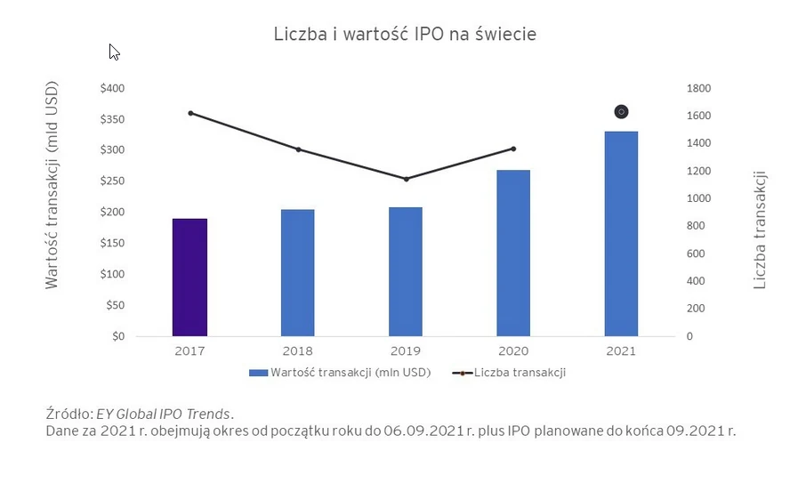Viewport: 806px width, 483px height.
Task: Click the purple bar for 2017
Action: pos(189,278)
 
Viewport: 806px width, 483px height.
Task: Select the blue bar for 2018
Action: pos(297,273)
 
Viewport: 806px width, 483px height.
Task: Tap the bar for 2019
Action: pos(405,271)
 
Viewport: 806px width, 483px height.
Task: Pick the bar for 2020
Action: pos(513,253)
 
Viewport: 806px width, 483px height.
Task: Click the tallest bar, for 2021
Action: pos(621,233)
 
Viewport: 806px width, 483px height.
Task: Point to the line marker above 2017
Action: pos(190,113)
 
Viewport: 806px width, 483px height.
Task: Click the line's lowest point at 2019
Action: pos(406,179)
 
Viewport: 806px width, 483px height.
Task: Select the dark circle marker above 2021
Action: pos(622,111)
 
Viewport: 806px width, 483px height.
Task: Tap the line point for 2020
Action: pos(513,149)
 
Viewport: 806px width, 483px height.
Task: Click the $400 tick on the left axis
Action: pos(112,88)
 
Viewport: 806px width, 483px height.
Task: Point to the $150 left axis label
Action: pos(112,243)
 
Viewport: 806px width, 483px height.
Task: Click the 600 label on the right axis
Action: pos(695,254)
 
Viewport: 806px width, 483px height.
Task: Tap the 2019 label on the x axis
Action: pos(406,351)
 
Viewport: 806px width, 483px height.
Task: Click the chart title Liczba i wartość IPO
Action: pos(404,35)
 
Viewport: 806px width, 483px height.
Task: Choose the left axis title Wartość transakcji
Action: pos(52,185)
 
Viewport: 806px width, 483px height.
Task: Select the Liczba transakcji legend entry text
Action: pos(520,373)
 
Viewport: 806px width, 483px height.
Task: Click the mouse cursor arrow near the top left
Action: pos(114,52)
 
